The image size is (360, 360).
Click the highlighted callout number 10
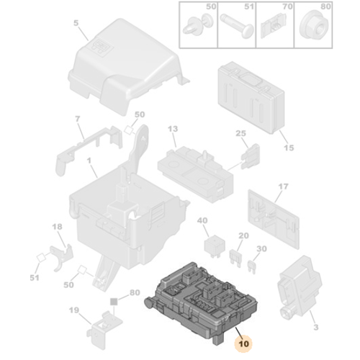[244, 344]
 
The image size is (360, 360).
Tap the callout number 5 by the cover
[76, 23]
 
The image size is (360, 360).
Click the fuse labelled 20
[235, 257]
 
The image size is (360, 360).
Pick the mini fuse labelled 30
[252, 267]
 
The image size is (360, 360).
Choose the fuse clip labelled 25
[250, 156]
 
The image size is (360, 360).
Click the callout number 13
[173, 129]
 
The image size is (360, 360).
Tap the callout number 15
[289, 148]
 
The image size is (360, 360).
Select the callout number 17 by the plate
[283, 186]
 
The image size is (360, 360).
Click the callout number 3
[316, 327]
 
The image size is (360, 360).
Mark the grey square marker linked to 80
[114, 302]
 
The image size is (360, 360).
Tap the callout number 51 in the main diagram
[35, 278]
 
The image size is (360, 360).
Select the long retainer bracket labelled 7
[89, 147]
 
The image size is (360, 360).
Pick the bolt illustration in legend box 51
[237, 26]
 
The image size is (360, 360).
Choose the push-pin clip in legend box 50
[197, 26]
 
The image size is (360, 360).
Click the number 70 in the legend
[287, 6]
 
